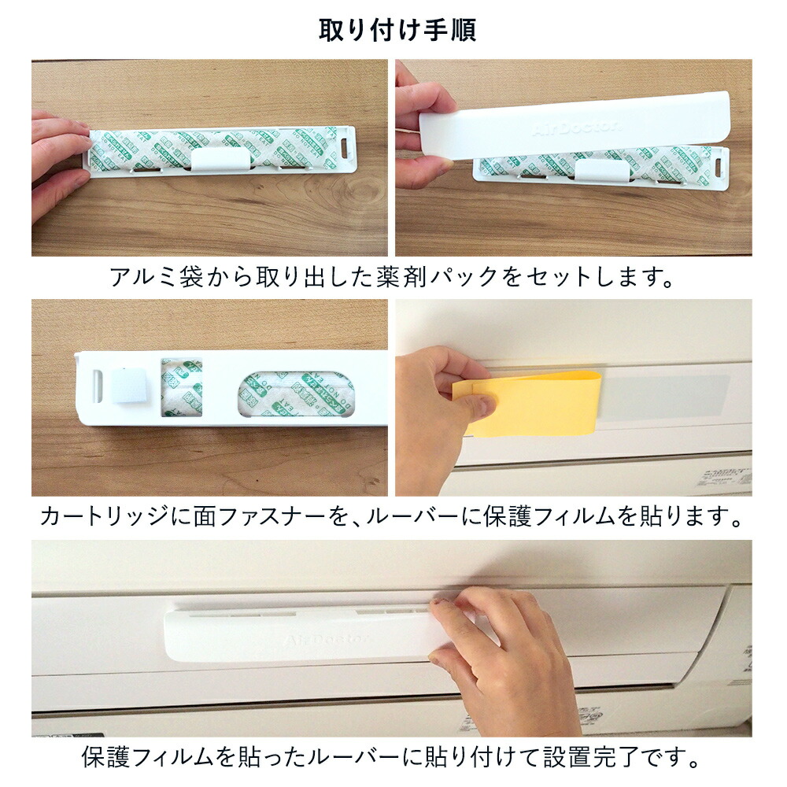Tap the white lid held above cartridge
(x=575, y=125)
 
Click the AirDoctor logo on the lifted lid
(x=578, y=127)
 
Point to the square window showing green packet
(x=182, y=387)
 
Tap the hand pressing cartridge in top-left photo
(x=59, y=161)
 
